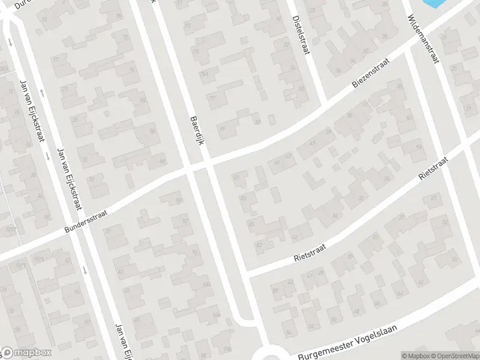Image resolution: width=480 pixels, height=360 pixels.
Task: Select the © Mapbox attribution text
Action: [x=414, y=356]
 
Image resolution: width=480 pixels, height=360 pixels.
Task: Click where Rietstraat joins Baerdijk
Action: [x=248, y=273]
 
